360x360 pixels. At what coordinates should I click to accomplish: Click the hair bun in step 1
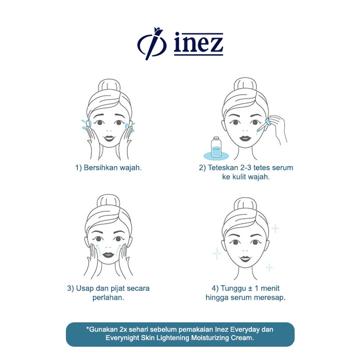[107, 86]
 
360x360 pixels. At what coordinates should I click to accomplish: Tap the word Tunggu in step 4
[233, 288]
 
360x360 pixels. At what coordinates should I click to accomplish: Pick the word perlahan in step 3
[107, 297]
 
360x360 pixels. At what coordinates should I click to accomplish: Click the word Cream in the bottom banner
[242, 338]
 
